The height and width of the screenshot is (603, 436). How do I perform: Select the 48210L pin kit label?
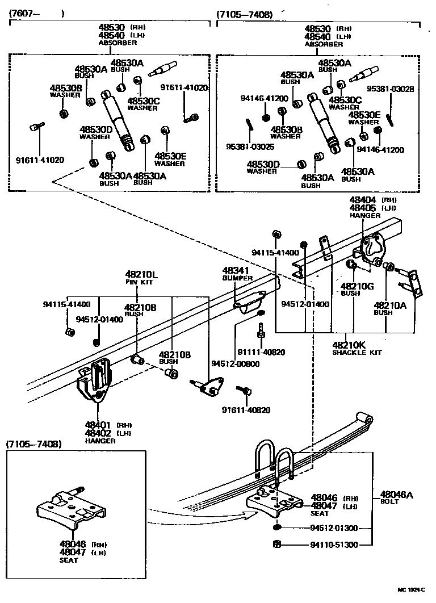click(x=141, y=275)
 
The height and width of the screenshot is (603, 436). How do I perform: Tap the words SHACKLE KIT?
click(x=357, y=353)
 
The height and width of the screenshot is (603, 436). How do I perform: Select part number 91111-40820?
click(x=261, y=352)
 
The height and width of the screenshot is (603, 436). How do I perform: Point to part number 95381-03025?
click(x=249, y=146)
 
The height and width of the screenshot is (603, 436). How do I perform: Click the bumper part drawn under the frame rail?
click(x=249, y=301)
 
